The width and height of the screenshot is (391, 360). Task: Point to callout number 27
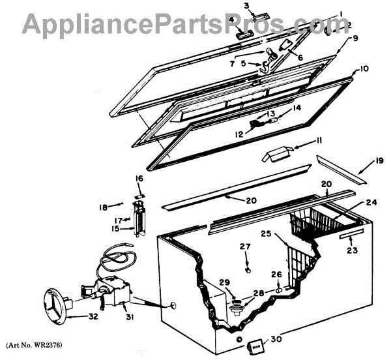pyautogui.click(x=244, y=247)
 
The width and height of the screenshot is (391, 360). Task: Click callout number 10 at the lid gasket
pyautogui.click(x=364, y=68)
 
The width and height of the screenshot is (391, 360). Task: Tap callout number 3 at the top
pyautogui.click(x=247, y=7)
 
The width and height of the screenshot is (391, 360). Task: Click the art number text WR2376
pyautogui.click(x=38, y=345)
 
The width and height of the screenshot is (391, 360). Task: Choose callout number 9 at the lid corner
pyautogui.click(x=355, y=38)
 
